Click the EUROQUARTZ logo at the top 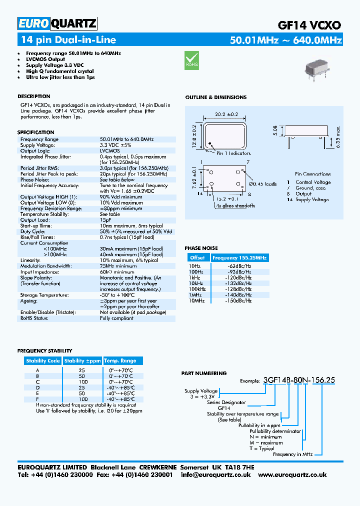57,23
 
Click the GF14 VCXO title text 309,25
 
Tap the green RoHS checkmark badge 192,59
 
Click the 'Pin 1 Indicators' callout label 233,153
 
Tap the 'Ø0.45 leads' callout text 262,184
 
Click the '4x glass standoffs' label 235,205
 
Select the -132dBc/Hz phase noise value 239,283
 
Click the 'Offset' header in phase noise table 197,257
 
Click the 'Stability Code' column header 43,360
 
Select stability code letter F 37,399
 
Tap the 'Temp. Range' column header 120,360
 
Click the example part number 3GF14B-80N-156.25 298,380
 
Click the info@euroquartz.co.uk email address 215,474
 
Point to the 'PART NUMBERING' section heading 203,373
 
